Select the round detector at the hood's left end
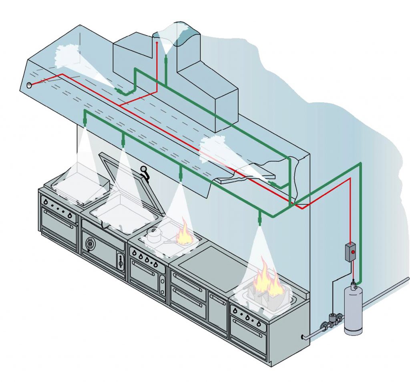29,85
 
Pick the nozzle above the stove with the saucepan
181,174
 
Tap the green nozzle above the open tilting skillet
123,140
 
